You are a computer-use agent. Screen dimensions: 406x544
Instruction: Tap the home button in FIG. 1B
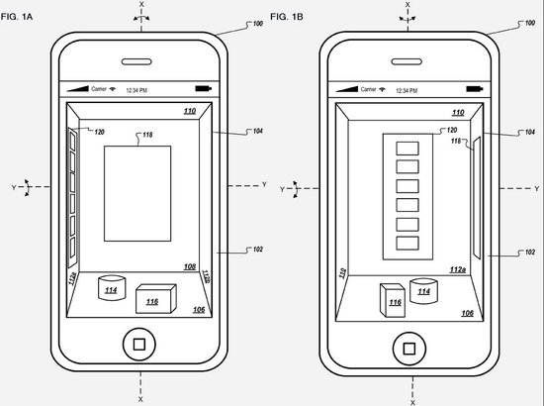click(407, 346)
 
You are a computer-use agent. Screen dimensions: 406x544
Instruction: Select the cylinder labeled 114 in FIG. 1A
click(110, 289)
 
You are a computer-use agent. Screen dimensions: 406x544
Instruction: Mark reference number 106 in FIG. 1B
click(466, 313)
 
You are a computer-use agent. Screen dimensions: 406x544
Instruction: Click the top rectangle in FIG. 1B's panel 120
click(407, 148)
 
